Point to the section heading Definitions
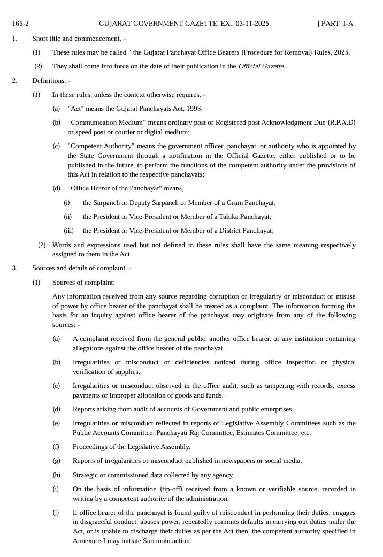[x=49, y=81]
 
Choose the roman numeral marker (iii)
[x=68, y=231]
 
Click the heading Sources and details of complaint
[x=79, y=268]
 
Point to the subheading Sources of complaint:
[x=83, y=283]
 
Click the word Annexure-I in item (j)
[x=89, y=541]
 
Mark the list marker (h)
[x=56, y=475]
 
